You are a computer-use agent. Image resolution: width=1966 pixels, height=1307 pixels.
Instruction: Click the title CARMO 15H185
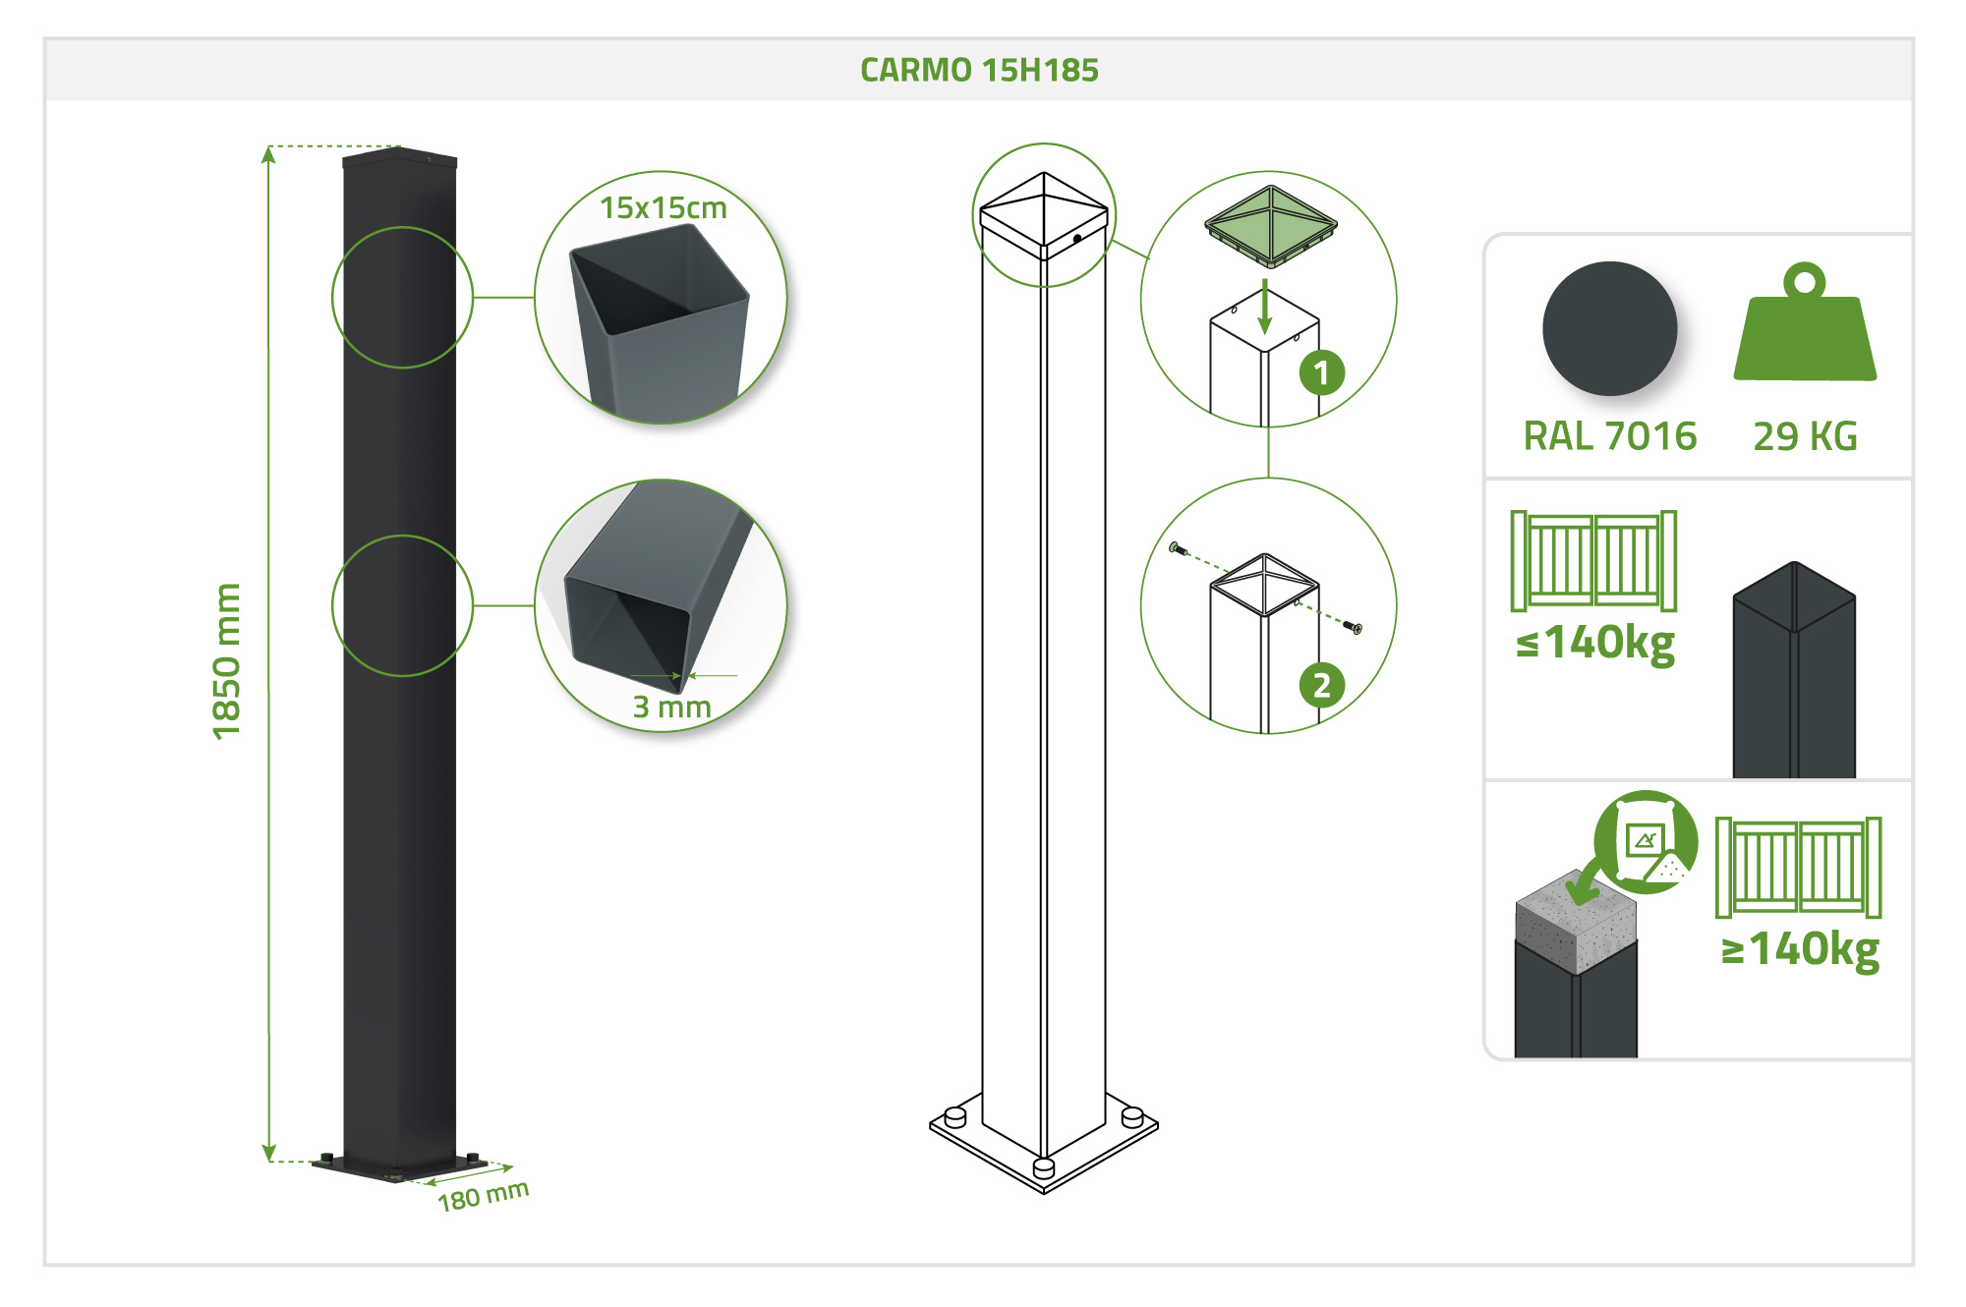(979, 70)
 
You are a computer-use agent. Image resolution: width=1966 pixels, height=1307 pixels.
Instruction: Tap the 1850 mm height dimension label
(227, 660)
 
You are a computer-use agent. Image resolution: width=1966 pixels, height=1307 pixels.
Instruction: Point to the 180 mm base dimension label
(483, 1196)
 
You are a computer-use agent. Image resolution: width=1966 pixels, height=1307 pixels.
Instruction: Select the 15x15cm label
(664, 208)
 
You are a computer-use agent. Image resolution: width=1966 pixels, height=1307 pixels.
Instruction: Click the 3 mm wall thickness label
(671, 707)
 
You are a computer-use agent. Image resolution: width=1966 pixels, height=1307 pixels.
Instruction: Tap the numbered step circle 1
(1321, 373)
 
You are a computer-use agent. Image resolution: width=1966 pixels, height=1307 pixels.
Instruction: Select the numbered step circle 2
(1321, 685)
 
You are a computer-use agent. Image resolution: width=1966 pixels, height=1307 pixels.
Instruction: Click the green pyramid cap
(1271, 226)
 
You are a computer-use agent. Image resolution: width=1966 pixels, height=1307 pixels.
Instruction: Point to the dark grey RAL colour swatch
(1609, 328)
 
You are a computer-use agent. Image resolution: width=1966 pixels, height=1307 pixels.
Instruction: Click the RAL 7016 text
(1609, 436)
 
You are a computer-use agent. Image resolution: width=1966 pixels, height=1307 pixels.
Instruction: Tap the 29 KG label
(1805, 436)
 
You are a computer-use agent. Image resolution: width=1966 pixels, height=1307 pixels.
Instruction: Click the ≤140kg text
(1595, 644)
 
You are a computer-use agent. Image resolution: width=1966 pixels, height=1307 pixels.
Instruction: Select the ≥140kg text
(1800, 949)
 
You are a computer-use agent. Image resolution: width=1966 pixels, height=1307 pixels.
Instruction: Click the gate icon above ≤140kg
(1593, 561)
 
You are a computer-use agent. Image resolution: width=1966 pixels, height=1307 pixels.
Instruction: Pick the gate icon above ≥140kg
(1798, 867)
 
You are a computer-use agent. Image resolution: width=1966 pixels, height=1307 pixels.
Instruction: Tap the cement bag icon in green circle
(1646, 842)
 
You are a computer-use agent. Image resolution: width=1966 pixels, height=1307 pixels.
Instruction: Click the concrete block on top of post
(1576, 922)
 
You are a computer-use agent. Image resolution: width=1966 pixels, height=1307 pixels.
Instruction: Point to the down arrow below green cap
(1265, 307)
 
